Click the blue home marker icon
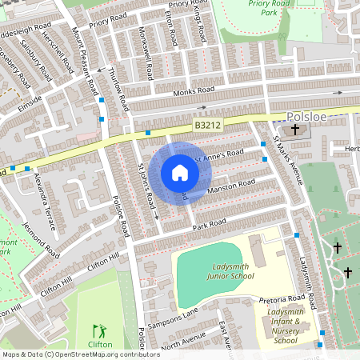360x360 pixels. click(180, 173)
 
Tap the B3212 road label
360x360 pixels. click(207, 125)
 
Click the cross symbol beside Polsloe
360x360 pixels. click(294, 130)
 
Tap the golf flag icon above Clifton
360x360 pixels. click(99, 330)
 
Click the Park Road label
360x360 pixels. click(210, 226)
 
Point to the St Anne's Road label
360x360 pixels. click(219, 157)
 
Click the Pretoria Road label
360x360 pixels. click(279, 299)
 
